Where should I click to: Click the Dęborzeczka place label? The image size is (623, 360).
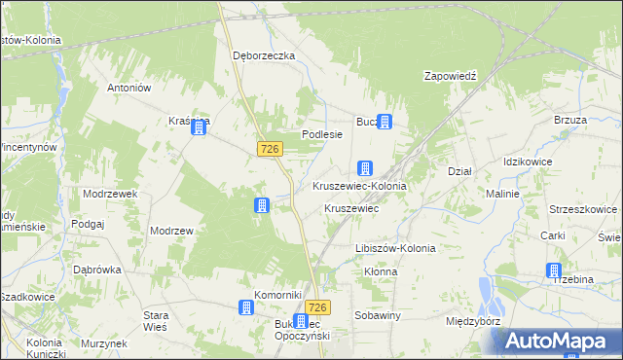pos(263,55)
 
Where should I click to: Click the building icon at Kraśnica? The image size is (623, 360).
pos(200,126)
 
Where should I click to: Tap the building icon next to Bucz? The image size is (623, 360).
pos(385,122)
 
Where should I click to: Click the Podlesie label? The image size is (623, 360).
pos(322,134)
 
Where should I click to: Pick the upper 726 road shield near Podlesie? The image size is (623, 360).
pos(271,148)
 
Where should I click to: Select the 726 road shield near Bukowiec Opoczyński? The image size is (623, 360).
pos(320,307)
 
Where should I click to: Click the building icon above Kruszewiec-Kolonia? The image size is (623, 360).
pos(365,168)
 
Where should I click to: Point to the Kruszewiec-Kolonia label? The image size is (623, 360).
pos(359,185)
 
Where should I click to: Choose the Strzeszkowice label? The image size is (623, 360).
pos(583,208)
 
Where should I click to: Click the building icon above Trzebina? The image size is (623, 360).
pos(554,270)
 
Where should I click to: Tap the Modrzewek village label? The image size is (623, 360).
pos(110,194)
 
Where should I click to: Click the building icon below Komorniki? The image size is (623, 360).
pos(247,307)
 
